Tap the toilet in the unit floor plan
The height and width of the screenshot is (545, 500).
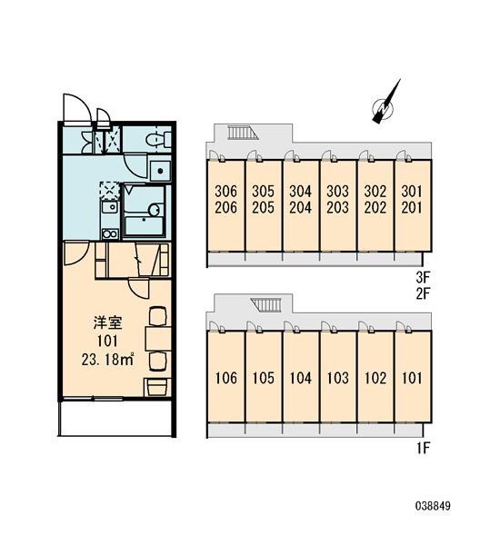157,140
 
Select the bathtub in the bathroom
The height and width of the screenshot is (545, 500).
144,226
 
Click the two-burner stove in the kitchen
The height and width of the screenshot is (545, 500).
110,234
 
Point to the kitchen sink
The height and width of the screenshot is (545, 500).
110,207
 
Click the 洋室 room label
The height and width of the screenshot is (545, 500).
107,322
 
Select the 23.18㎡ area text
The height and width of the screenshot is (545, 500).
107,360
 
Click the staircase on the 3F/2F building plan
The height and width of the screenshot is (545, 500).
243,133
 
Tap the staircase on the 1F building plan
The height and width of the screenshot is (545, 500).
266,305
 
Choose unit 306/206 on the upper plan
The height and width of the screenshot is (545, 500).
225,206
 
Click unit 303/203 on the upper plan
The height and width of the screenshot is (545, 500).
338,206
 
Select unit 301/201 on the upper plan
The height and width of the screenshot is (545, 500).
413,206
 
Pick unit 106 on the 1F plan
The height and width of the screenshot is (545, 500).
225,377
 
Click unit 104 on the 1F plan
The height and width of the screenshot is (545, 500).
301,377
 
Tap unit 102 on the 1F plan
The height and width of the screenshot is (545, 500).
375,377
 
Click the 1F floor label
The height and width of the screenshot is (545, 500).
423,448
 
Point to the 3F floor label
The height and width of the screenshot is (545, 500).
423,277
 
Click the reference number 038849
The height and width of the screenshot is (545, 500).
433,506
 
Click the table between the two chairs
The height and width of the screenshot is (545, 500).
158,338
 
